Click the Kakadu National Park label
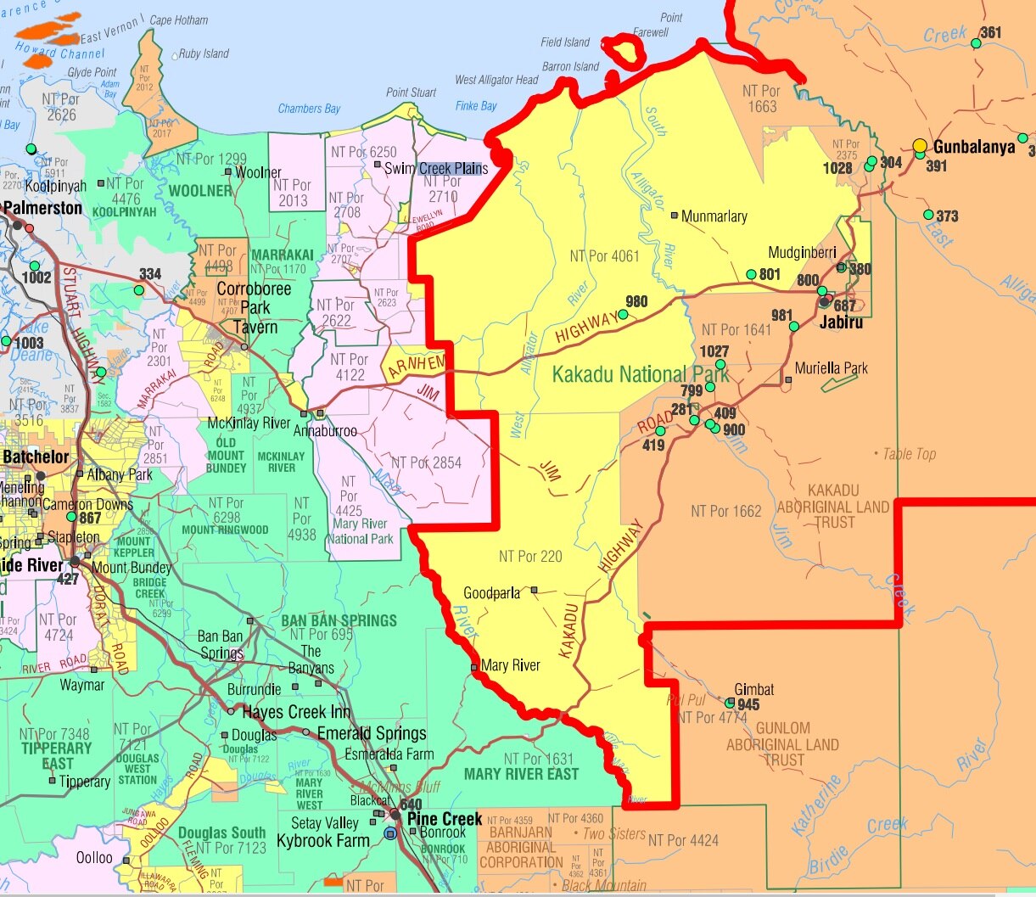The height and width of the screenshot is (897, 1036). click(x=641, y=374)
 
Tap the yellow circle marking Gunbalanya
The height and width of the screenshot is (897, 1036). click(x=920, y=146)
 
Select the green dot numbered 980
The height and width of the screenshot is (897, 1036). click(x=623, y=314)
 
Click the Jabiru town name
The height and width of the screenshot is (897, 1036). click(x=841, y=322)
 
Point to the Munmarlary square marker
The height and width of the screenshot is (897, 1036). click(x=675, y=216)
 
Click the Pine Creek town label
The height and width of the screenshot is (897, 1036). click(x=445, y=819)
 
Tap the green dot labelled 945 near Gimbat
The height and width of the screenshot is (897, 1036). click(x=731, y=703)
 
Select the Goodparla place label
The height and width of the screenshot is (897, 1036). click(x=491, y=593)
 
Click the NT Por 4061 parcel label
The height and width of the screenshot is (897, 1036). click(x=604, y=255)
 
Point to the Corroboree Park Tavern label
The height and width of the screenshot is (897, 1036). click(x=254, y=307)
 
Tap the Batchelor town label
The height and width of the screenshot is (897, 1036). click(x=36, y=457)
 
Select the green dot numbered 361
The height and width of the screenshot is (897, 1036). click(x=976, y=42)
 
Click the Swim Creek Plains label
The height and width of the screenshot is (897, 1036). click(x=436, y=168)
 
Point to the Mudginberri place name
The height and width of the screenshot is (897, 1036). click(x=802, y=252)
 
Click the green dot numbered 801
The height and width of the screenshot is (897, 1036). click(x=751, y=274)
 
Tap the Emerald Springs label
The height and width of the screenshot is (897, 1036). click(x=372, y=733)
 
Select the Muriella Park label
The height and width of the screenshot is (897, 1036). click(x=832, y=368)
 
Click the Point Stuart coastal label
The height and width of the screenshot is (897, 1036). click(x=412, y=93)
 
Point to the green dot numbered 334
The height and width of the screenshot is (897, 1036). click(x=139, y=289)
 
